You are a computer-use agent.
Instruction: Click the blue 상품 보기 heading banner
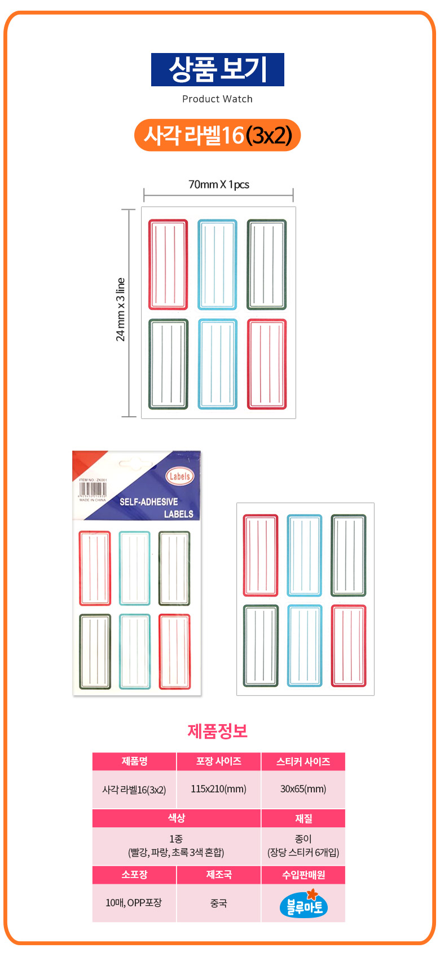point(217,69)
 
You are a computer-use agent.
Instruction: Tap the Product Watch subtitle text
point(217,99)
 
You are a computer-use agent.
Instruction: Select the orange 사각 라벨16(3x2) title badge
point(217,135)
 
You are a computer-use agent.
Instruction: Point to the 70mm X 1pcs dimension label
point(218,184)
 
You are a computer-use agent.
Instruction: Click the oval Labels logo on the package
point(179,476)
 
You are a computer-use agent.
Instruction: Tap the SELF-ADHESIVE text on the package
point(148,501)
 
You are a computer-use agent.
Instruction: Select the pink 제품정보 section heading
point(217,731)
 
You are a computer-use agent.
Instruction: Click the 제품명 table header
point(134,761)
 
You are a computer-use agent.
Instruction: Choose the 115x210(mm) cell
point(218,789)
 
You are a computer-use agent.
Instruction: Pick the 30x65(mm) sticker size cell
point(303,789)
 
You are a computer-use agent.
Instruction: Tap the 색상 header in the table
point(176,818)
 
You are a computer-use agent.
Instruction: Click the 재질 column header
point(303,818)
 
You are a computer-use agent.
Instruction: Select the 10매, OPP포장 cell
point(134,902)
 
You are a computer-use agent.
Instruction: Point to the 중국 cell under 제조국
point(218,903)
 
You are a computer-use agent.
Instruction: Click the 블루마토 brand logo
point(303,904)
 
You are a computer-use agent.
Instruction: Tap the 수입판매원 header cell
point(303,875)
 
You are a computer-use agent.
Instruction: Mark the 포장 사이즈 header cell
point(218,761)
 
